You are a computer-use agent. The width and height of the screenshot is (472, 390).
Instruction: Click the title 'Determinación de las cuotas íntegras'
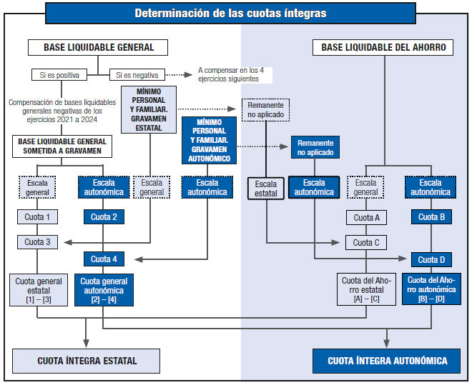pyautogui.click(x=230, y=13)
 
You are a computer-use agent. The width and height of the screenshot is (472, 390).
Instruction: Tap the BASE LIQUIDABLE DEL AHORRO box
pyautogui.click(x=383, y=48)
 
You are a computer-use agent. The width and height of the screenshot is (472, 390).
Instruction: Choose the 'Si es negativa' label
pyautogui.click(x=137, y=74)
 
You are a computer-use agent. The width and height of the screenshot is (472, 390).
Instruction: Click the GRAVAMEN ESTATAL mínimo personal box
pyautogui.click(x=149, y=109)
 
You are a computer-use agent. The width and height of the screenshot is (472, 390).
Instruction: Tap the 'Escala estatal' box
pyautogui.click(x=266, y=188)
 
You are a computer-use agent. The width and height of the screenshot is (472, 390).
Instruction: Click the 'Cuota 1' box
pyautogui.click(x=38, y=217)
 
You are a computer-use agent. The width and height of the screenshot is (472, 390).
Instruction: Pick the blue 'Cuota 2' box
pyautogui.click(x=104, y=217)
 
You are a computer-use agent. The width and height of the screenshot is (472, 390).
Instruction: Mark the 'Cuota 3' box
pyautogui.click(x=38, y=242)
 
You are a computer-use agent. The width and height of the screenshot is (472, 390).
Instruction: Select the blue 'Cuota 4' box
pyautogui.click(x=104, y=259)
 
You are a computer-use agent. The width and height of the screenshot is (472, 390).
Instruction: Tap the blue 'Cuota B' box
pyautogui.click(x=431, y=217)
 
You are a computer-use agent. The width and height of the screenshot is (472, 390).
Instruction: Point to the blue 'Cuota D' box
pyautogui.click(x=431, y=259)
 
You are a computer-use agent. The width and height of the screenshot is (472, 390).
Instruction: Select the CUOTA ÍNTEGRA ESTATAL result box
pyautogui.click(x=87, y=361)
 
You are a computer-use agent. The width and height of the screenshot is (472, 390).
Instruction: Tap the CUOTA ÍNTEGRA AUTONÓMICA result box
pyautogui.click(x=388, y=361)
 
